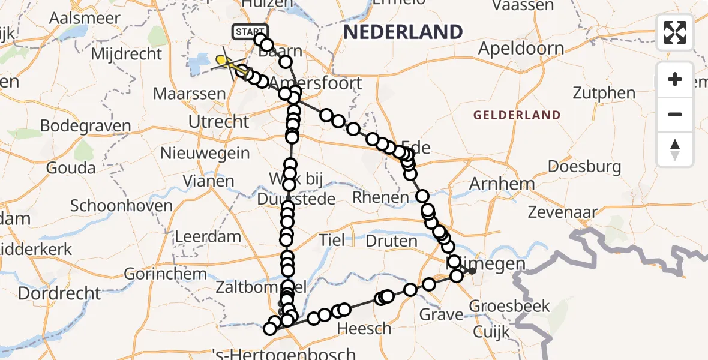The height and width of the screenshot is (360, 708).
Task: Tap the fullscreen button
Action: tap(675, 32)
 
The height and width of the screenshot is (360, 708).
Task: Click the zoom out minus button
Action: tap(675, 114)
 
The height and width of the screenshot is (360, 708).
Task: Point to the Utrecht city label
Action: tap(218, 122)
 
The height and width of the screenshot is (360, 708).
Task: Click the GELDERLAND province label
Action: tap(517, 115)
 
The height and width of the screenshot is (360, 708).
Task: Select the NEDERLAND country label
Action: tap(403, 31)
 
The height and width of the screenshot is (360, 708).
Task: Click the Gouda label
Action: tap(70, 168)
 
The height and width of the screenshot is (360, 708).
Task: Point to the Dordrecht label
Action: tap(59, 294)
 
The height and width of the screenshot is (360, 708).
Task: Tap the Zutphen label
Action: tap(604, 93)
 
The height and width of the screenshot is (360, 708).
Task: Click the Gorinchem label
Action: tap(165, 274)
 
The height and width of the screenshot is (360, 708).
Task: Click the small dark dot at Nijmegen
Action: tap(472, 271)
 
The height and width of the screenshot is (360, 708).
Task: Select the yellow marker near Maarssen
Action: tap(221, 60)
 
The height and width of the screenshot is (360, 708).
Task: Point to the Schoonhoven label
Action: tap(121, 206)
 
